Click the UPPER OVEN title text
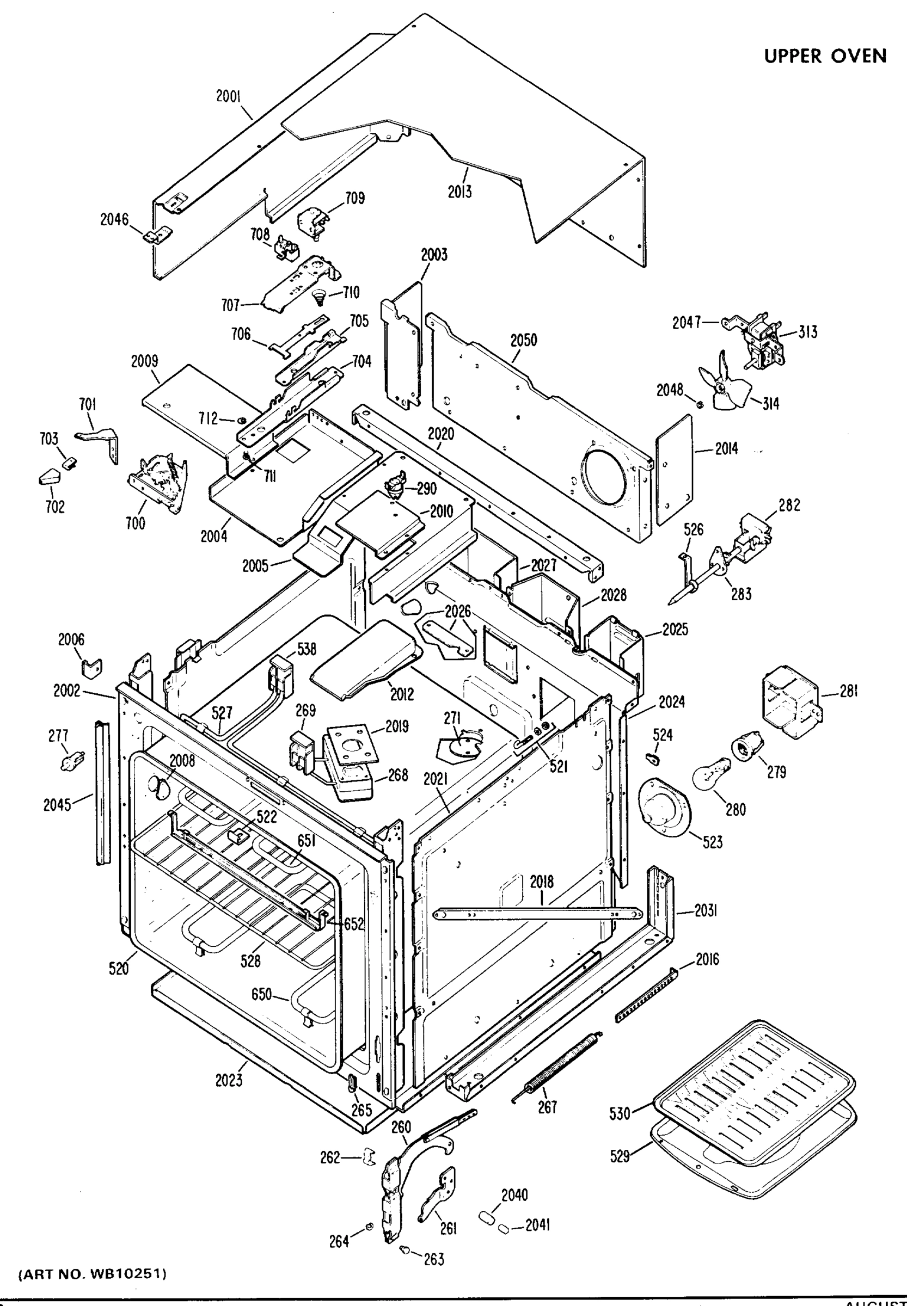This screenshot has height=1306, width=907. point(825,56)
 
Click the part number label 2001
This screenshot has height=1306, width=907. point(229,96)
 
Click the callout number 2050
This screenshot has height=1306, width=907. point(523,340)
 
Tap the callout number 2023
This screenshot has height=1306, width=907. point(229,1080)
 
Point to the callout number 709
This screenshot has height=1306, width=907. point(354,198)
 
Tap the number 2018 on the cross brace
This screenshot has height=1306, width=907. point(542,882)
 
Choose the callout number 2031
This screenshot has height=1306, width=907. point(705,910)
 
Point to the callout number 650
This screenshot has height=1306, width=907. point(261,994)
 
